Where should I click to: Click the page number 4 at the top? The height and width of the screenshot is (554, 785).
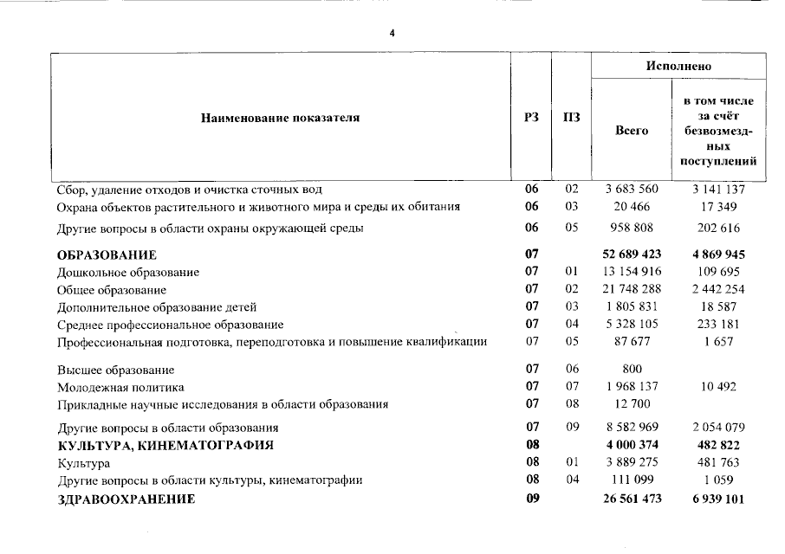(392, 34)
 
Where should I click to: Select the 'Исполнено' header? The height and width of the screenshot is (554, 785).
(678, 67)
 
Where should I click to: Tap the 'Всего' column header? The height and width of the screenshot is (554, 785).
(632, 131)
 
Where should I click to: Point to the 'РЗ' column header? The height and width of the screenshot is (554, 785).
(531, 118)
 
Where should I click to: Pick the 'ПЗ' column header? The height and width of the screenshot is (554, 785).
(571, 118)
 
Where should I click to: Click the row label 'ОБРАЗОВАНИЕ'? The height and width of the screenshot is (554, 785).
(107, 255)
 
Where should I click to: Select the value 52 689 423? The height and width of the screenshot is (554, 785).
(632, 255)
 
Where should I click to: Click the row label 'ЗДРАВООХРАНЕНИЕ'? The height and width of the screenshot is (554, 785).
(126, 499)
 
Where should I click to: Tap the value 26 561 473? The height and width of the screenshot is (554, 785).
(632, 499)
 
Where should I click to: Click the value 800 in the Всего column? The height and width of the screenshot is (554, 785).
(632, 370)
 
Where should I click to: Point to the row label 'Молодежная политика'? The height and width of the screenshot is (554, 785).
(120, 388)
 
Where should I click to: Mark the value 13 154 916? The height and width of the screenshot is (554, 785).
(632, 273)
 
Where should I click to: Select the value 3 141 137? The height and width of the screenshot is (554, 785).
(718, 189)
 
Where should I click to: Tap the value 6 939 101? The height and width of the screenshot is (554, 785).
(718, 499)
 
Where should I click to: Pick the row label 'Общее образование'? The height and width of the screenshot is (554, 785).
(111, 290)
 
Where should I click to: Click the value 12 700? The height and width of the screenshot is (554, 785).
(632, 404)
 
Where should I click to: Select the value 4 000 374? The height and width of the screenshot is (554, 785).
(632, 446)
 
